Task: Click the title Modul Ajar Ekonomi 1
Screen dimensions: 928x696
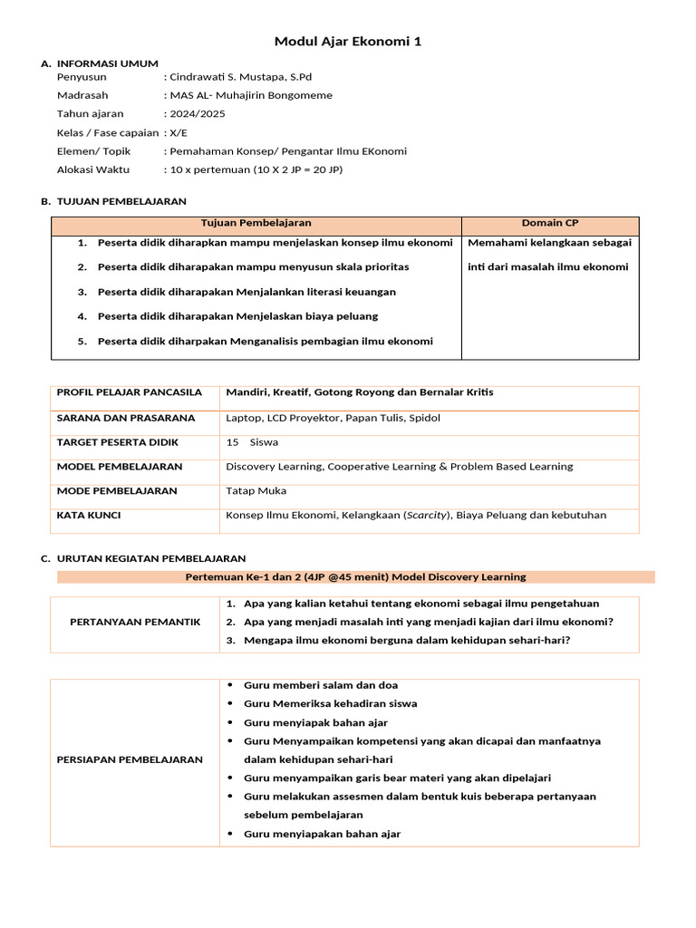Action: (348, 42)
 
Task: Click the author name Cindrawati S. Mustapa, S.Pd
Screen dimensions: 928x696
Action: (240, 77)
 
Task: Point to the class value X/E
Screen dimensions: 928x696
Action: (179, 132)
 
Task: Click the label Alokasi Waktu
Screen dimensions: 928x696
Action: (93, 169)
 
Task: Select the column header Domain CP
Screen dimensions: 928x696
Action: (550, 223)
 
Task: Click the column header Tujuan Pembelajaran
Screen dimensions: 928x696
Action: (256, 223)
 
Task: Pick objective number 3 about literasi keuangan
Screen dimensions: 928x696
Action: (246, 292)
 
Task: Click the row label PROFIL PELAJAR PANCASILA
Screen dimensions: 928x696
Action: (130, 392)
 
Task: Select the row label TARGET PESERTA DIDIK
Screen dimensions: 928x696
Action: (118, 442)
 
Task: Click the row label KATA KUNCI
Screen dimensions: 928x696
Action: (89, 515)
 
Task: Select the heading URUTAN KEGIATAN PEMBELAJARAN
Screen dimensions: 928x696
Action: (150, 558)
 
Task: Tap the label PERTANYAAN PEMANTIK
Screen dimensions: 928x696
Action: (135, 622)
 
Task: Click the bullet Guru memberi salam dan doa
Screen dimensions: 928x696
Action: (321, 685)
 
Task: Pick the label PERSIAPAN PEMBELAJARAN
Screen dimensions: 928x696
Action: (136, 759)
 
